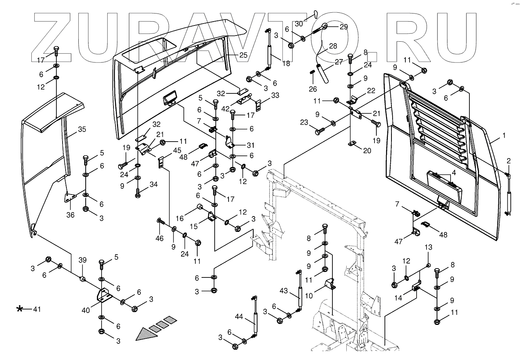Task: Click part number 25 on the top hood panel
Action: point(243,55)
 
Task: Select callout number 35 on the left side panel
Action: point(82,129)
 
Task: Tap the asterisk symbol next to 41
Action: point(20,309)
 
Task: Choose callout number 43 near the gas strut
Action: point(284,290)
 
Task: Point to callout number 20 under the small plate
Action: point(367,150)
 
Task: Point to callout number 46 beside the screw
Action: point(159,239)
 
